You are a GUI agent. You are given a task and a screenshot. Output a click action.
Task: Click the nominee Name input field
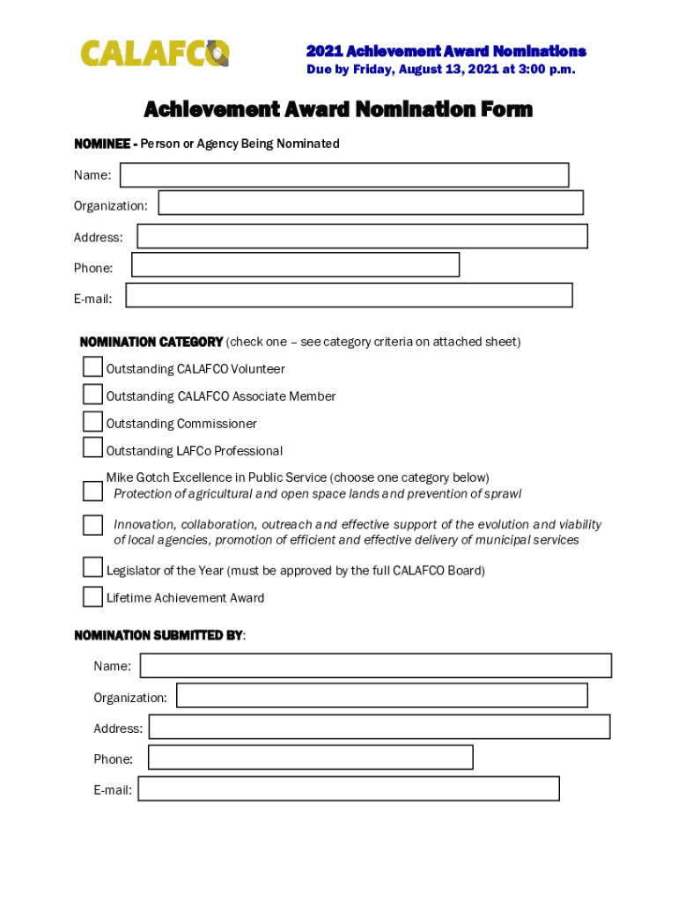tap(344, 175)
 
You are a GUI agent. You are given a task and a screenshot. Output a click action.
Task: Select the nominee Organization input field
tap(371, 203)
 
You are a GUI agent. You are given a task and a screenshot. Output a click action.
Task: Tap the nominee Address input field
tap(362, 236)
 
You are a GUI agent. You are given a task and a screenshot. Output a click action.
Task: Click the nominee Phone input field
tap(295, 264)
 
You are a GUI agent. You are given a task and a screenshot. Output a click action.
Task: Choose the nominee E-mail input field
tap(349, 295)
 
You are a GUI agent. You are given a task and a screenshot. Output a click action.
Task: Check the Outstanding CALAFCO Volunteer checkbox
tap(92, 367)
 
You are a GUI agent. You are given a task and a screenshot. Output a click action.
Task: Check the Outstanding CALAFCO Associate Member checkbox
tap(92, 394)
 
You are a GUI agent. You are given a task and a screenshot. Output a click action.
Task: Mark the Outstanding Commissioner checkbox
tap(92, 421)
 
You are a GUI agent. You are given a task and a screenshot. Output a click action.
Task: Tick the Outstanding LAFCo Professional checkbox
tap(92, 447)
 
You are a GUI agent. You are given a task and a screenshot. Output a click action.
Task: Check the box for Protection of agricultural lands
tap(92, 491)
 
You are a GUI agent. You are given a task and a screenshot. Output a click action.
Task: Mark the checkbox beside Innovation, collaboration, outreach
tap(92, 526)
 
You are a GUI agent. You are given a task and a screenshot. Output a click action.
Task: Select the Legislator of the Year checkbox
tap(92, 567)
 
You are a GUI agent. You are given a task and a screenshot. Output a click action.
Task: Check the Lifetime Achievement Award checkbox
tap(92, 596)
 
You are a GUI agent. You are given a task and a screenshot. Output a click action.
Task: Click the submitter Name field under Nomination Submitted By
tap(375, 665)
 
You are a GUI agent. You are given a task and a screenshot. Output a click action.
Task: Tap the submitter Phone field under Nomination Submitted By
tap(310, 757)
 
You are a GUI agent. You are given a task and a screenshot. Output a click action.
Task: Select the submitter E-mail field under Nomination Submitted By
tap(349, 788)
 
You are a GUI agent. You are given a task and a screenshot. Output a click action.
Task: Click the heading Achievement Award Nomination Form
tap(338, 109)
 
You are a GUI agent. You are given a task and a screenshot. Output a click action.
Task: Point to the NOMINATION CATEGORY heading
tap(151, 342)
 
